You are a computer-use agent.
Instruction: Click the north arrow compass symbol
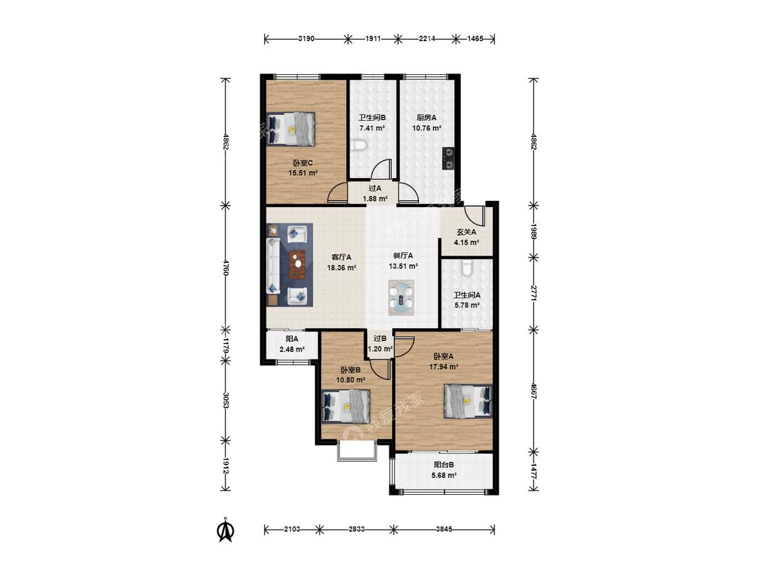click(225, 530)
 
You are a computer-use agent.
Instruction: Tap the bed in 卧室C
click(291, 129)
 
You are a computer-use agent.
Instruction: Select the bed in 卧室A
click(468, 400)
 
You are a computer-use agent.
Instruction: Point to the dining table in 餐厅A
click(402, 297)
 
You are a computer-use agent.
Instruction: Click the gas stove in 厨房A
click(449, 158)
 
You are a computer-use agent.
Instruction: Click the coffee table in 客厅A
click(298, 264)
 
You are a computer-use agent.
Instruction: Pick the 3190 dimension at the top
click(306, 38)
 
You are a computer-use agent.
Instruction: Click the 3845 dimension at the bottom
click(444, 529)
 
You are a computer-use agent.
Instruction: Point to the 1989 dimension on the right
click(534, 231)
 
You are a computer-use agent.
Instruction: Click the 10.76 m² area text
click(426, 128)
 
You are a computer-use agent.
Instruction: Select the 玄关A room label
click(467, 232)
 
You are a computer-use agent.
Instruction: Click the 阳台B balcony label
click(444, 465)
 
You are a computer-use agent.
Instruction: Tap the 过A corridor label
click(375, 188)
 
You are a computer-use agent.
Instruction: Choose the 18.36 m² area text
click(342, 268)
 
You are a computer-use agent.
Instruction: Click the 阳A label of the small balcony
click(292, 338)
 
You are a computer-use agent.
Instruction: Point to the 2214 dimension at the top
click(426, 38)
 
